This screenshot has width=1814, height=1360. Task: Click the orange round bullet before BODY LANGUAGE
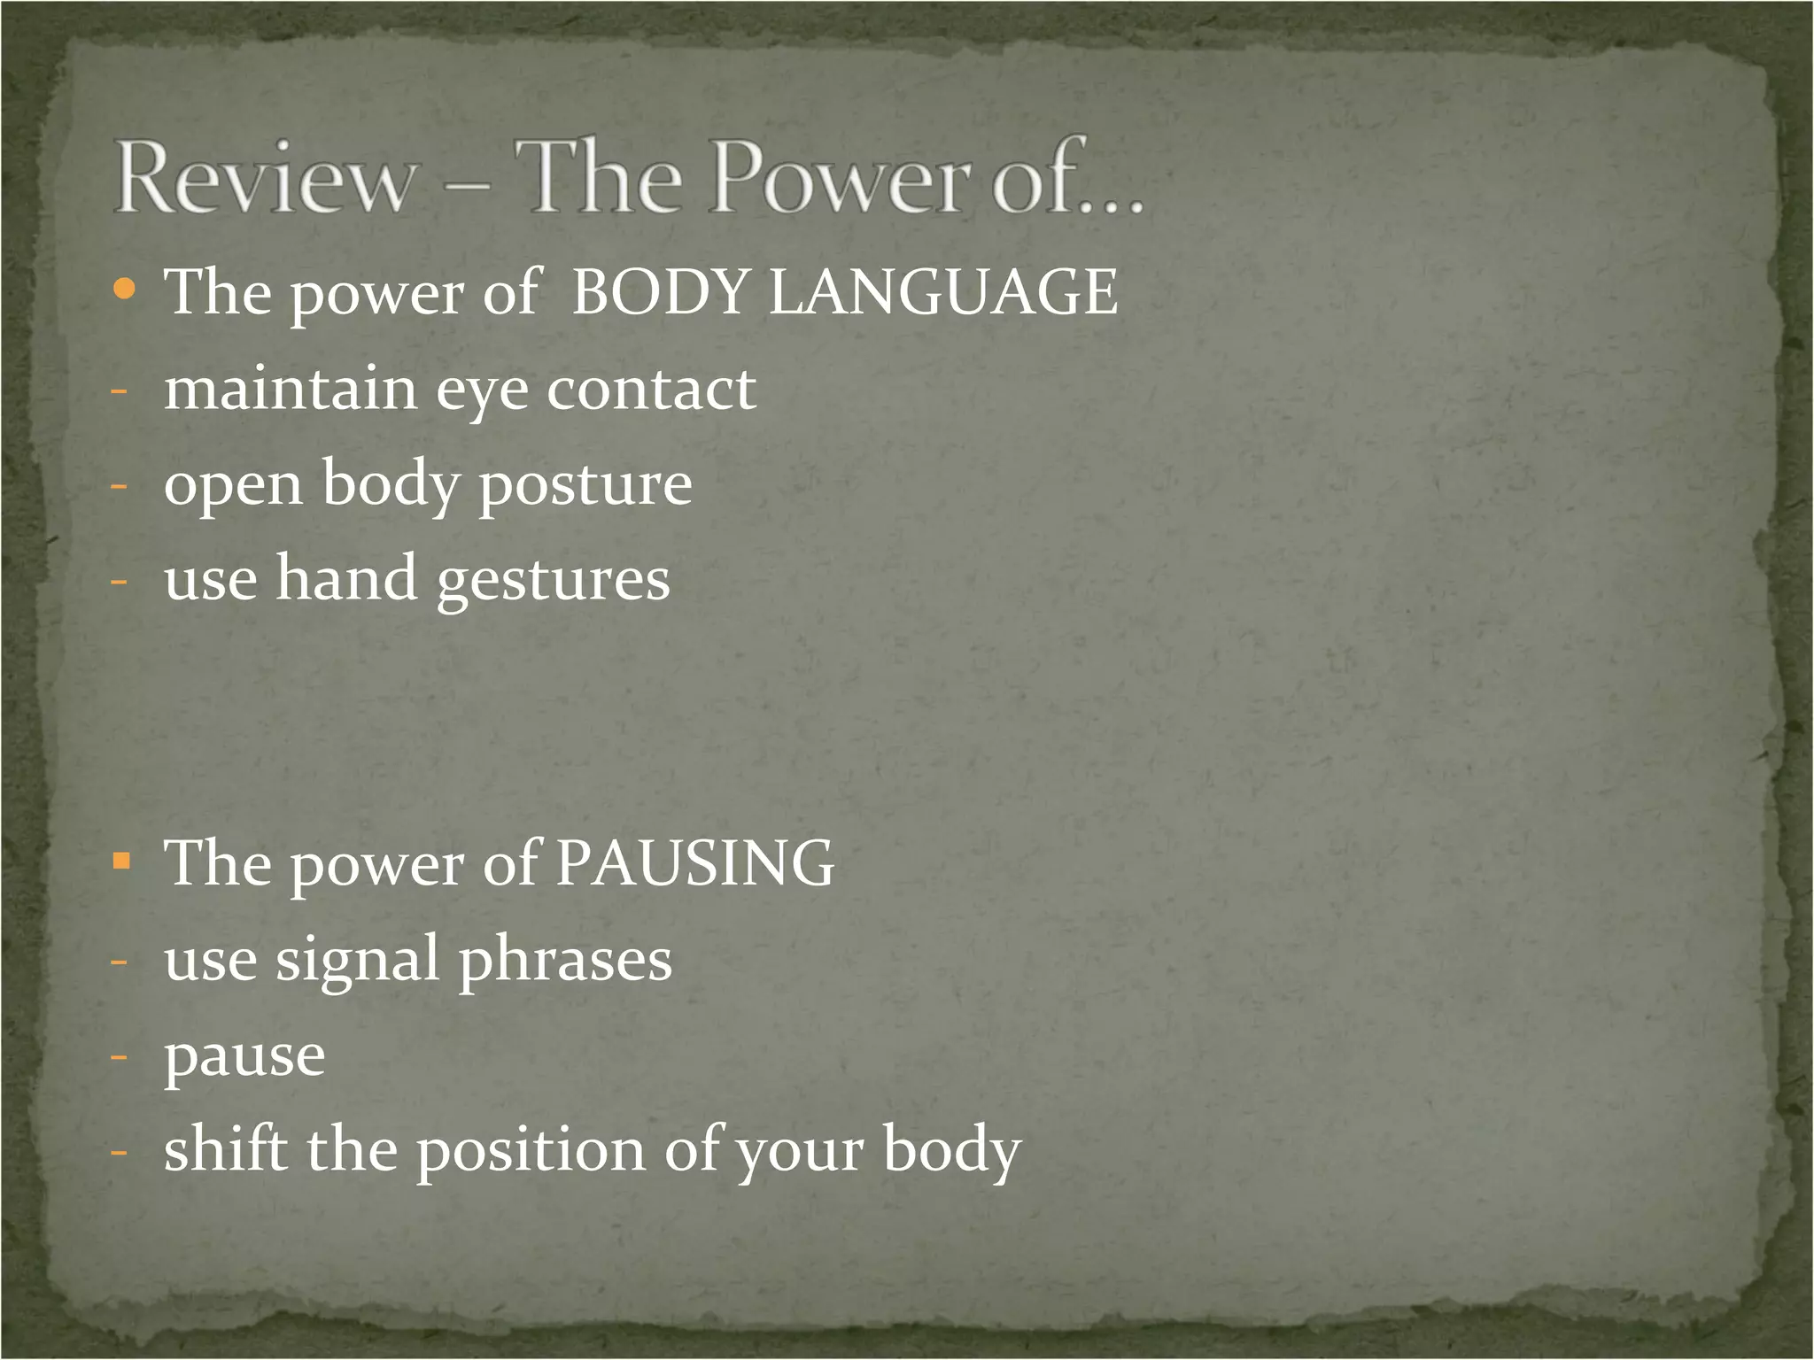(125, 289)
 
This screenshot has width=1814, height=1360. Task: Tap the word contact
(651, 390)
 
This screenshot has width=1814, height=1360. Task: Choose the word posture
(585, 485)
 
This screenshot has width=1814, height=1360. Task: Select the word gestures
(554, 581)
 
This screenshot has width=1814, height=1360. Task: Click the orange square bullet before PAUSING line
(122, 860)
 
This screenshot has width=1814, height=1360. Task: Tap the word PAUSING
(694, 862)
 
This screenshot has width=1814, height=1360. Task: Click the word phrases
(565, 959)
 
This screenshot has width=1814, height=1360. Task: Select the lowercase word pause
(244, 1056)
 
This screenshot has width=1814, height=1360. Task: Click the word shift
(226, 1148)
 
